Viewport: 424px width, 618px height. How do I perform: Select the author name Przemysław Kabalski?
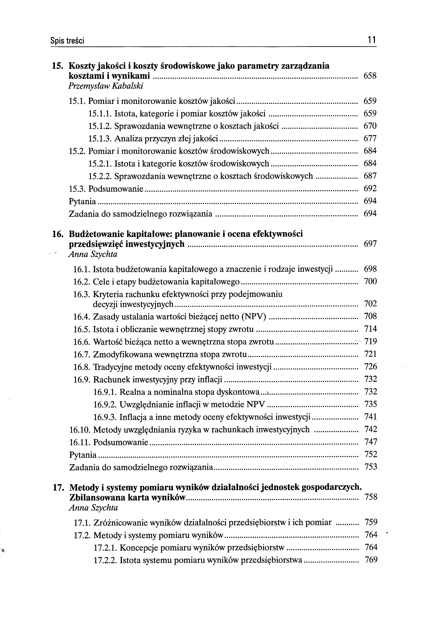pos(106,86)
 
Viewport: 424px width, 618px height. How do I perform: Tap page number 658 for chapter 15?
pos(370,76)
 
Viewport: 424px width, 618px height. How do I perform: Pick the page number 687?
pos(370,176)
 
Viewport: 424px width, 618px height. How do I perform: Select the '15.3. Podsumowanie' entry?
pos(106,189)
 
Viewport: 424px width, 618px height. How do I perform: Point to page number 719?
pos(371,341)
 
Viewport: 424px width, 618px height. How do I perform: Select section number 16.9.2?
pos(105,405)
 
